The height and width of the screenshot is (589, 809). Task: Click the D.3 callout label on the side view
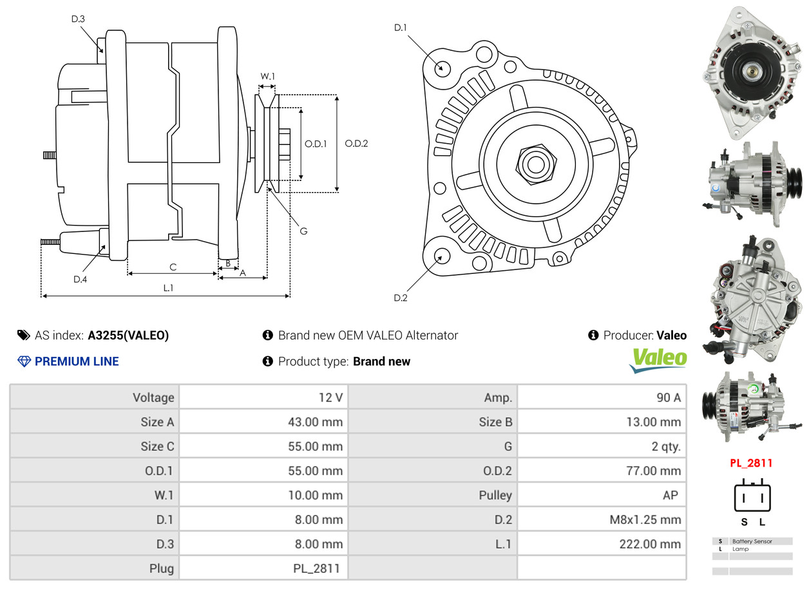pos(78,19)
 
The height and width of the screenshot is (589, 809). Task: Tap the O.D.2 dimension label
pos(356,144)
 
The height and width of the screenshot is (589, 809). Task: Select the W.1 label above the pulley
pos(267,76)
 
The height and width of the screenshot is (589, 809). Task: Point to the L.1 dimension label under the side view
pos(168,288)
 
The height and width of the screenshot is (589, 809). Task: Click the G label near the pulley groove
pos(304,231)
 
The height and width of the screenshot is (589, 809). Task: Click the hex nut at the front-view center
pos(536,165)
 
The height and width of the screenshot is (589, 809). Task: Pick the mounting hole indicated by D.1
pos(443,68)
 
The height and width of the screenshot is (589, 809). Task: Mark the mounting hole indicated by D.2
pos(442,255)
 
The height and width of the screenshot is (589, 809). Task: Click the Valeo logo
pos(658,360)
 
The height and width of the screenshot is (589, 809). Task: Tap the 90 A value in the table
pos(669,398)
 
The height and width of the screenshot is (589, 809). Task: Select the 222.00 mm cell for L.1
pos(650,544)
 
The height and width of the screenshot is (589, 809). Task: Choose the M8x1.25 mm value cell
pos(645,519)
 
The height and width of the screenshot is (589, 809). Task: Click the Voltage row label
pos(153,398)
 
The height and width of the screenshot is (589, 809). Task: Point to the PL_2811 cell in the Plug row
pos(316,569)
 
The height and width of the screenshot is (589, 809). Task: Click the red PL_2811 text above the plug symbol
pos(751,463)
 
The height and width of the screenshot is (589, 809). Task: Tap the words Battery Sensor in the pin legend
pos(752,541)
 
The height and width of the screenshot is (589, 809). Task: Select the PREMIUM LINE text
pos(77,362)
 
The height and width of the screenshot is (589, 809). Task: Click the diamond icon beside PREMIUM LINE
pos(24,362)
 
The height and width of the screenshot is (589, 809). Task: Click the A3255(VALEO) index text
pos(128,335)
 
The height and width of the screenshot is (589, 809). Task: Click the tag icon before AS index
pos(24,335)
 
